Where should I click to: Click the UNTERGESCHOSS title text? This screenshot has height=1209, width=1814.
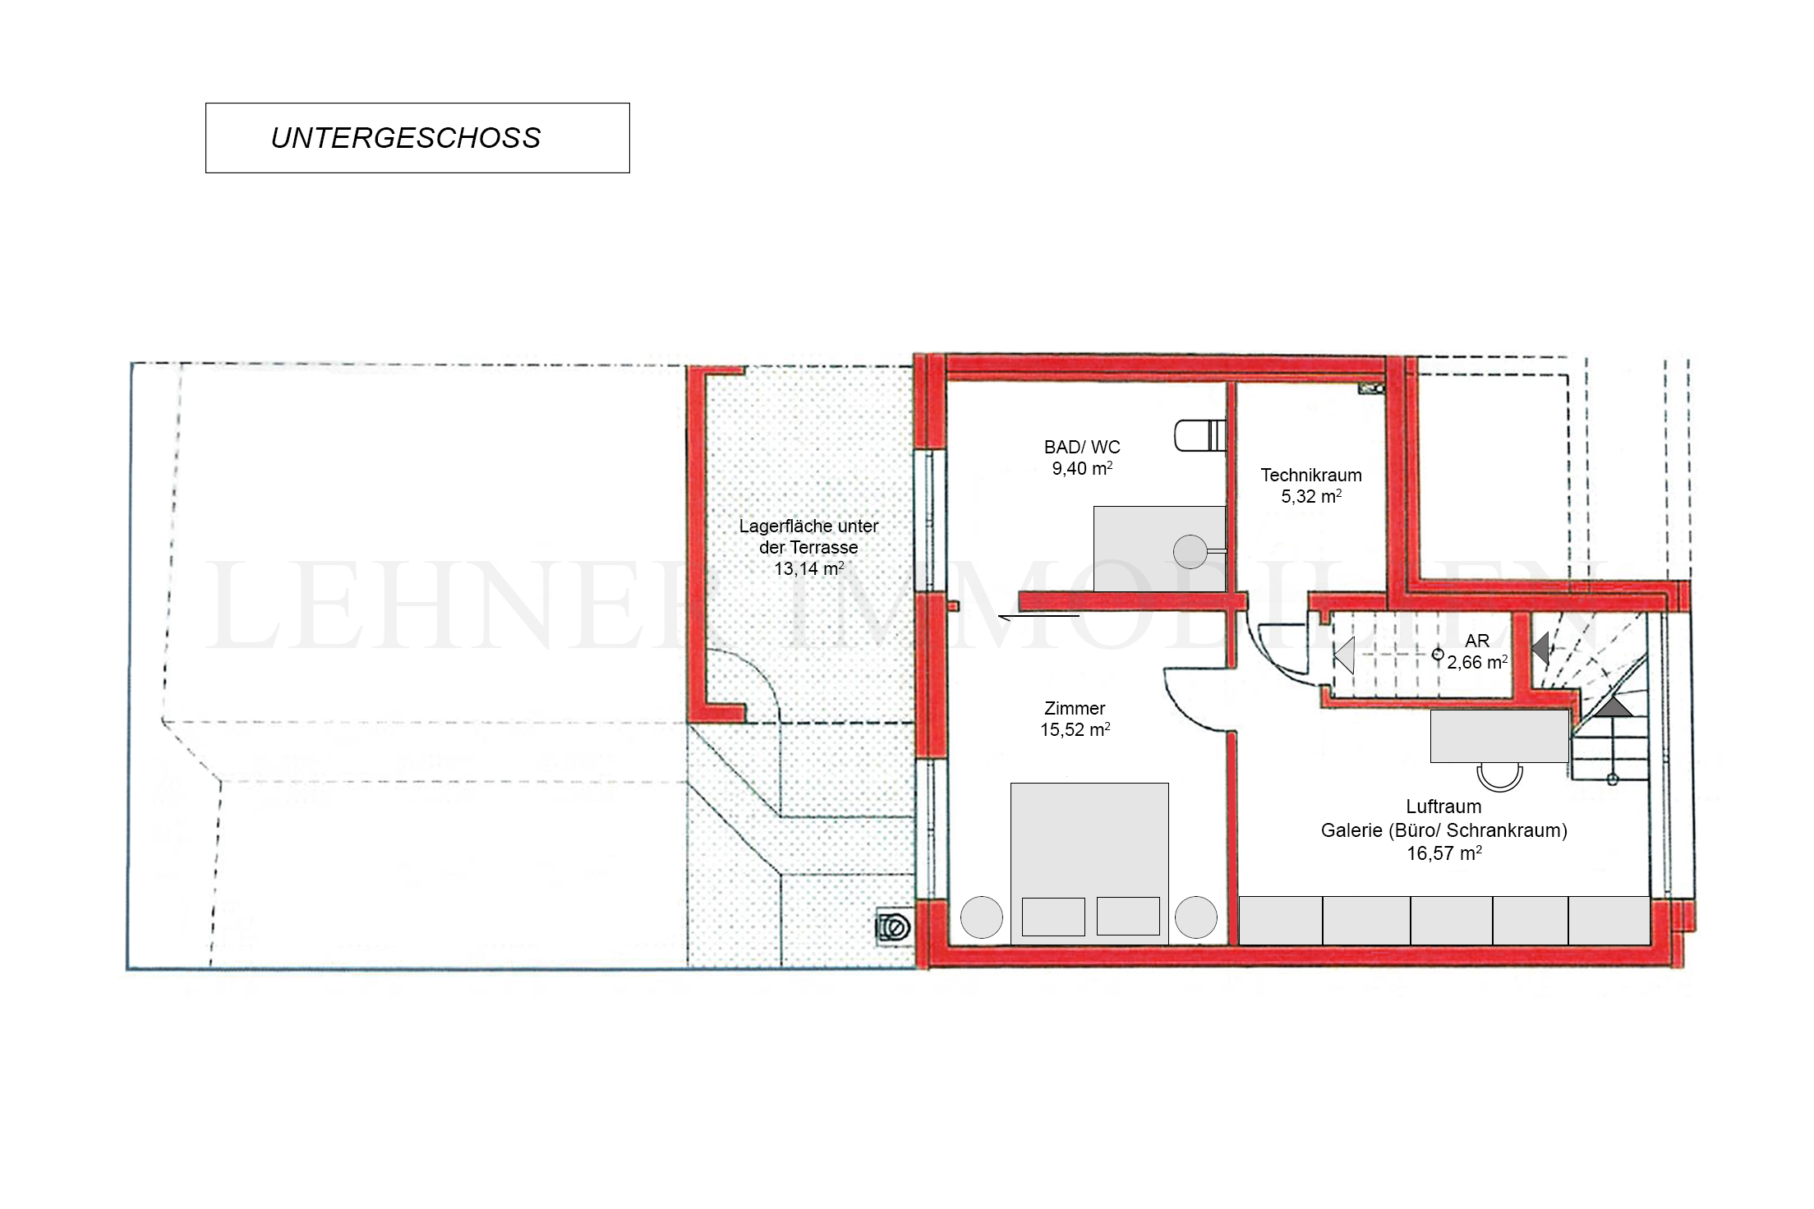pos(406,138)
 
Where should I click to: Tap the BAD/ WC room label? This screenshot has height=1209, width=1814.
pos(1082,448)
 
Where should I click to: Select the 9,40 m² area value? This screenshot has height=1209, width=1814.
pos(1082,469)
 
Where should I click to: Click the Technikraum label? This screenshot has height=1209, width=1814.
pos(1311,476)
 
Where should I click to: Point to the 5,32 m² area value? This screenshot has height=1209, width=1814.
pos(1311,497)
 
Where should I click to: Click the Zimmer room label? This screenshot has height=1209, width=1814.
pos(1075,709)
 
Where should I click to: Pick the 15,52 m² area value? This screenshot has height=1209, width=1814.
pos(1075,730)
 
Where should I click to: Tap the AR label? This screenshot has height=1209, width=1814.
pos(1477,641)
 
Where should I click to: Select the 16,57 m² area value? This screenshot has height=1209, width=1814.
pos(1444,853)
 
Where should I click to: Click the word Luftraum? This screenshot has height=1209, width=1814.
pos(1443,807)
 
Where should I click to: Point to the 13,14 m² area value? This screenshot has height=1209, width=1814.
pos(808,568)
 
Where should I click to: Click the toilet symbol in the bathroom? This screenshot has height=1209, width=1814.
pos(1199,435)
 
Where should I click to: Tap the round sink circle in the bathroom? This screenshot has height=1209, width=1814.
pos(1190,552)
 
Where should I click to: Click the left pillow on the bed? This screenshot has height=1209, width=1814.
pos(1053,917)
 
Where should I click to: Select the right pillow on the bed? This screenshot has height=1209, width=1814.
pos(1128,916)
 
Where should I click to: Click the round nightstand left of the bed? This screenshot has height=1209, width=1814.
pos(982,917)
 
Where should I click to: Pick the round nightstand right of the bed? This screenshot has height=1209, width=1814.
pos(1196,917)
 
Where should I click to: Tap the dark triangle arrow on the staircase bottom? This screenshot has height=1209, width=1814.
pos(1614,706)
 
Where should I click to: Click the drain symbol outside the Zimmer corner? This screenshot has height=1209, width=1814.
pos(894,926)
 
